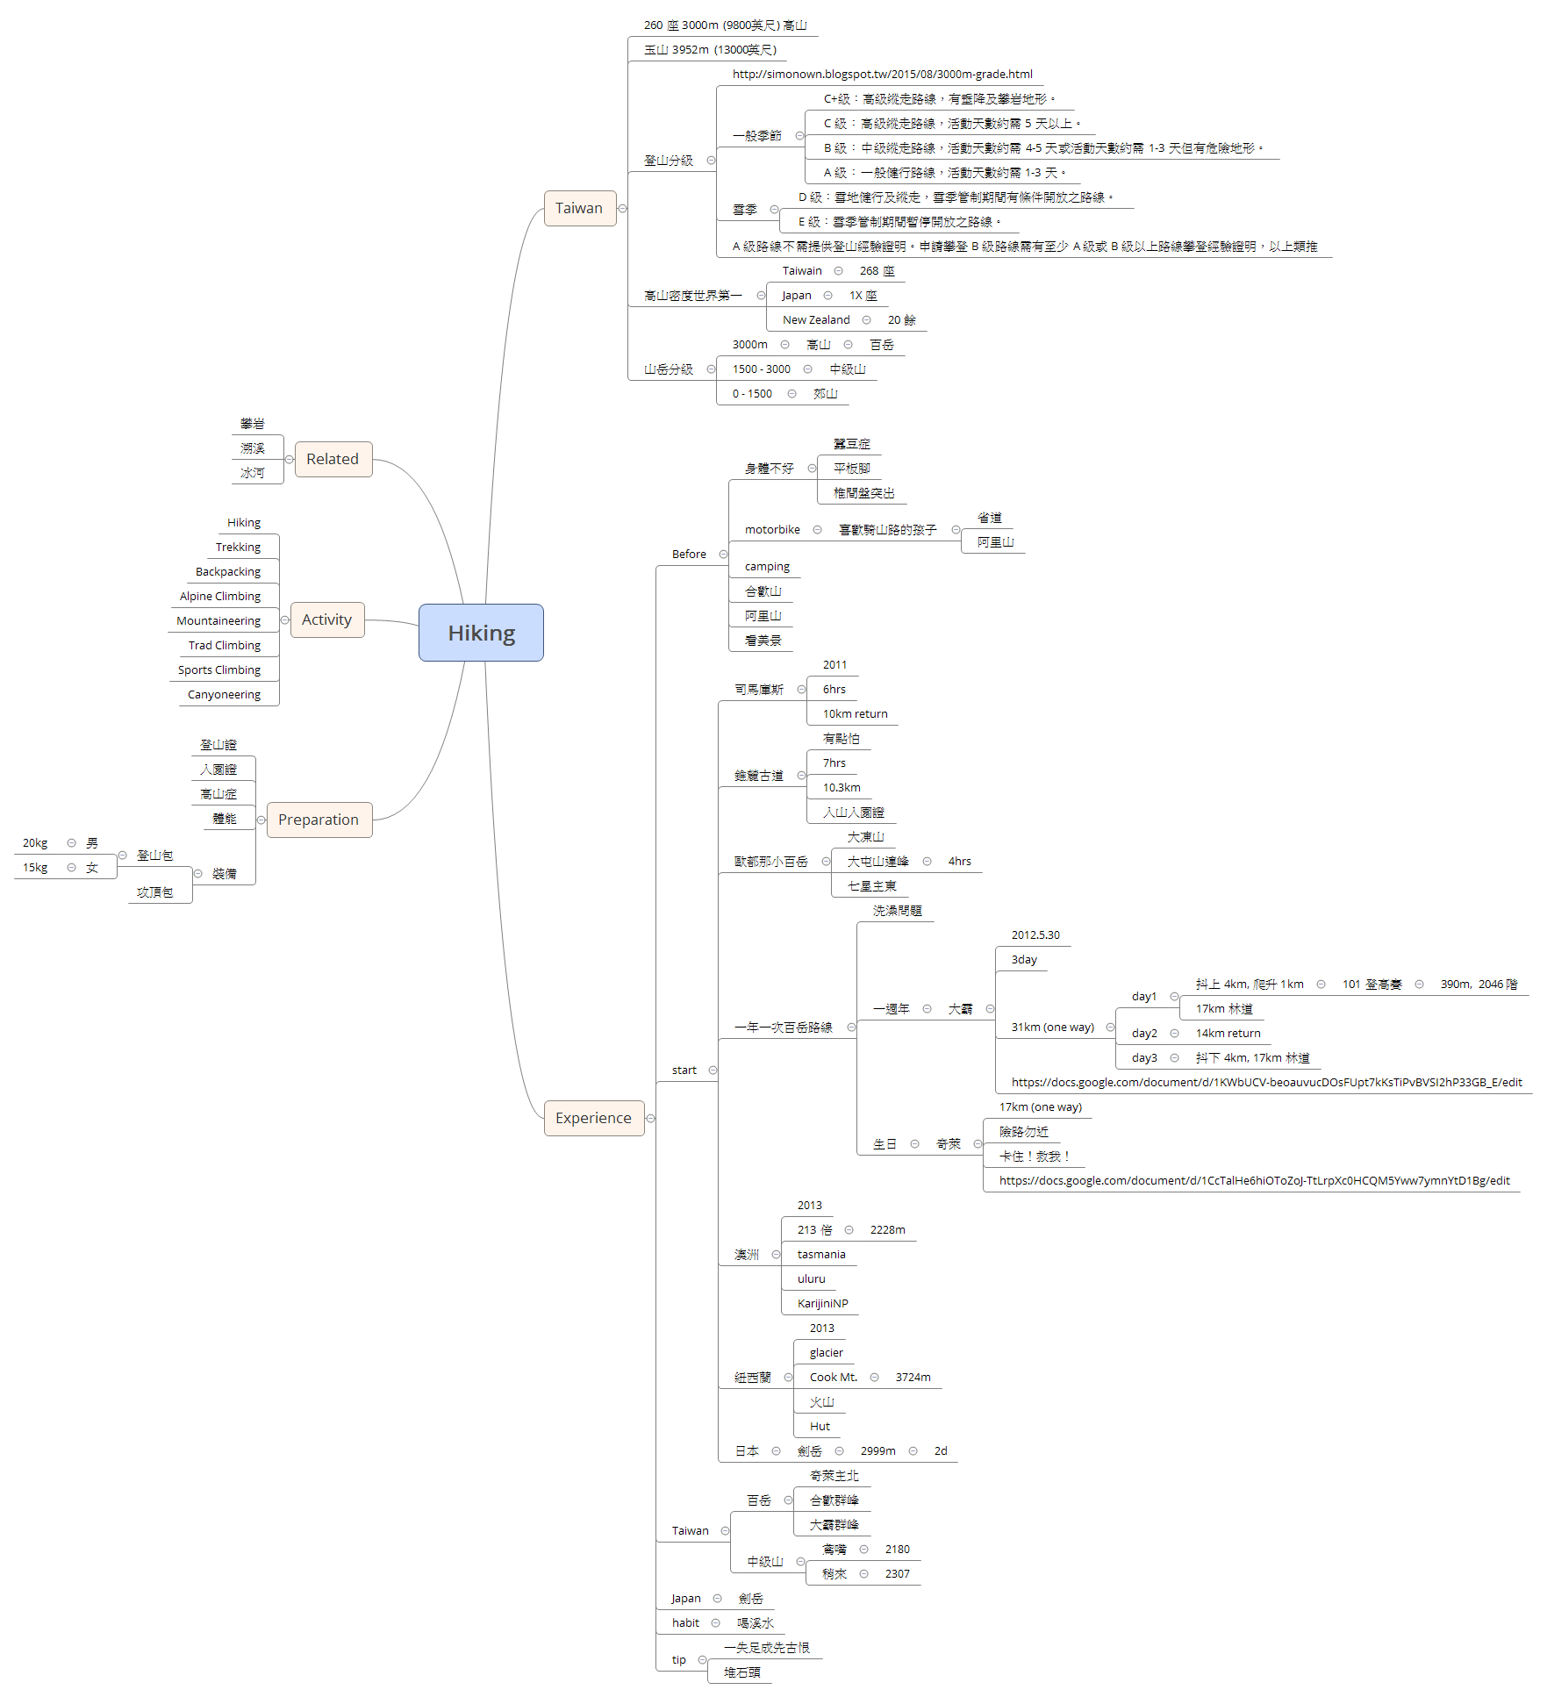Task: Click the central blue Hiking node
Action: [481, 633]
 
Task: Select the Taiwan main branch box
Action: [579, 208]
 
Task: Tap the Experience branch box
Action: [593, 1118]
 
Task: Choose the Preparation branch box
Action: [319, 820]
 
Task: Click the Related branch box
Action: [333, 459]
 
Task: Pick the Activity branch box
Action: [326, 619]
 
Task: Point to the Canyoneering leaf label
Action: [224, 694]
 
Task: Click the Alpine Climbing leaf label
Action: [220, 596]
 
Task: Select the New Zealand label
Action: [816, 320]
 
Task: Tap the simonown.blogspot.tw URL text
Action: [882, 75]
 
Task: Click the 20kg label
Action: [35, 843]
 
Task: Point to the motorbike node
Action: [772, 529]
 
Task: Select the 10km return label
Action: [855, 714]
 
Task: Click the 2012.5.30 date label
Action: [1035, 935]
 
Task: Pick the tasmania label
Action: [821, 1255]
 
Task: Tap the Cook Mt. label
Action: [833, 1378]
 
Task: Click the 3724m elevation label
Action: [913, 1378]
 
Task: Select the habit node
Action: [685, 1623]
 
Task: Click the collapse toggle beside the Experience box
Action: [650, 1118]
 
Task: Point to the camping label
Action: [767, 567]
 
